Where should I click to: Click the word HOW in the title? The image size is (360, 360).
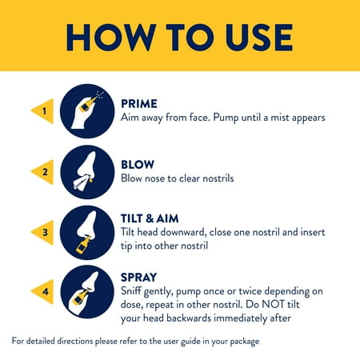[111, 38]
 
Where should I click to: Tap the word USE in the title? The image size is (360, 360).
[259, 38]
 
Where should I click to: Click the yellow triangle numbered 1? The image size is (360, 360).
[42, 111]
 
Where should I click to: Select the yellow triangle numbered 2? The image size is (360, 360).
[42, 172]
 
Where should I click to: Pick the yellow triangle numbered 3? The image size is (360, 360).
[42, 233]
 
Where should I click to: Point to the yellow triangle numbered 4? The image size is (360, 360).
[42, 292]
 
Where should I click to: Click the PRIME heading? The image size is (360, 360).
[139, 104]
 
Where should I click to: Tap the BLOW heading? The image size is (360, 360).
[138, 165]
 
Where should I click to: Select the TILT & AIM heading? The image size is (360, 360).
[150, 218]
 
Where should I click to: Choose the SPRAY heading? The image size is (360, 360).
[138, 278]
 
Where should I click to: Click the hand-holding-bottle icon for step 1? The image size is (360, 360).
[87, 111]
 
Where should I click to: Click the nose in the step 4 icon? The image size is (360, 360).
[90, 282]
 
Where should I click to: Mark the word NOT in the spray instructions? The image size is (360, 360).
[273, 305]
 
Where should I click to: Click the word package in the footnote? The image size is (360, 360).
[245, 342]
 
